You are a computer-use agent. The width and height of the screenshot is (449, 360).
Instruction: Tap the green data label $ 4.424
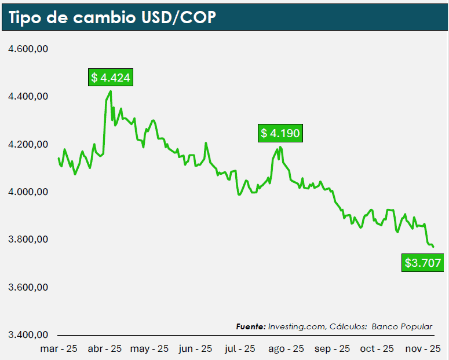[111, 78]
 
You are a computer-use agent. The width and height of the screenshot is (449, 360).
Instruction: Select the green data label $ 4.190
[280, 134]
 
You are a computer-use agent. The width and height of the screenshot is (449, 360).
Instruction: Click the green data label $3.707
[423, 263]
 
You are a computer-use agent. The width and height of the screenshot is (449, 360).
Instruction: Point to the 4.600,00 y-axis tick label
[27, 49]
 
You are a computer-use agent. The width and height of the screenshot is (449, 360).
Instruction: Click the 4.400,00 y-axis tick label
[27, 97]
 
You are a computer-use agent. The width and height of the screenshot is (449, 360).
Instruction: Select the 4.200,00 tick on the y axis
[27, 145]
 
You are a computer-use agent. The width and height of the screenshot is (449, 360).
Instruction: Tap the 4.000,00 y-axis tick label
[27, 192]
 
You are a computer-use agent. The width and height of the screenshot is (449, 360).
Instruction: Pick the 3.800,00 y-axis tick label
[27, 240]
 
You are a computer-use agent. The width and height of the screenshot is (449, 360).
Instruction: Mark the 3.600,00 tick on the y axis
[27, 288]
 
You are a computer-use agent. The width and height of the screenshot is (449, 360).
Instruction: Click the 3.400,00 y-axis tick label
[27, 335]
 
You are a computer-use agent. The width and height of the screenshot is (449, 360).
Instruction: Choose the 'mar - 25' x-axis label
[59, 348]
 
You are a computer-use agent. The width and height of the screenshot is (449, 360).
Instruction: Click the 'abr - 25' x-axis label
[105, 348]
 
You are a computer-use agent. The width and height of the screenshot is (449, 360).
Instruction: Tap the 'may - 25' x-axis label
[149, 348]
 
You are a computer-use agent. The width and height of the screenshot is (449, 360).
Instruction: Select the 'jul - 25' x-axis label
[239, 348]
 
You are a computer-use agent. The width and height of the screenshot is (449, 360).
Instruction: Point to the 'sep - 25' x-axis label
[333, 348]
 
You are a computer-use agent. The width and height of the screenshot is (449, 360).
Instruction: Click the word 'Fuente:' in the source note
[251, 327]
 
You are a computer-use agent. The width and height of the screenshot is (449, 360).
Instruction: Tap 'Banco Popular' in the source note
[402, 327]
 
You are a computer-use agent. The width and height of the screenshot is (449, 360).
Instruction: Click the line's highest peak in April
[111, 91]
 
